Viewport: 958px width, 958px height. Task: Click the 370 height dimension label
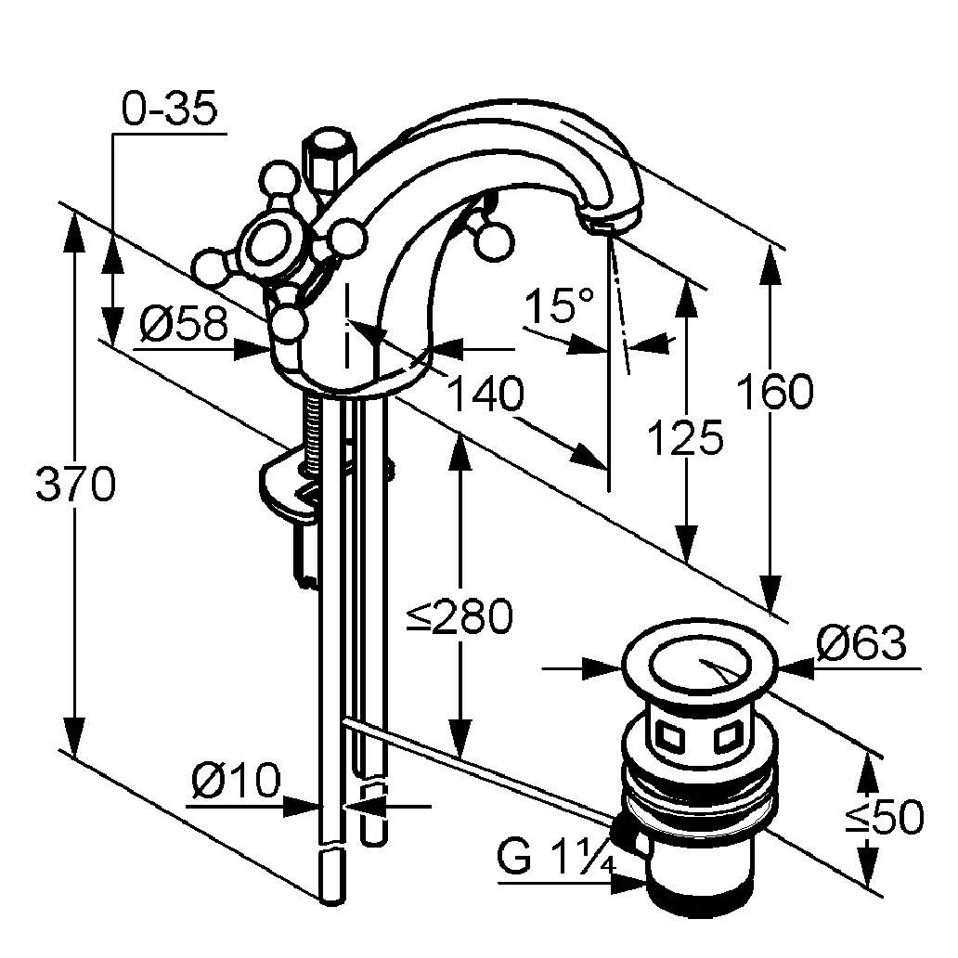click(75, 485)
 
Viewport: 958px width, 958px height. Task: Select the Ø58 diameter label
click(184, 325)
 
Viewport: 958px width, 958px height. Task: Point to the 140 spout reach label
click(485, 395)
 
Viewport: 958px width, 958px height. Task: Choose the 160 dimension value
click(775, 393)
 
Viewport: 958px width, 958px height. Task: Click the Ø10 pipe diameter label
click(236, 782)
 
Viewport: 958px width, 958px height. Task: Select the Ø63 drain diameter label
click(861, 642)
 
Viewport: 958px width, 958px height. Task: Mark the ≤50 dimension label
click(885, 817)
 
